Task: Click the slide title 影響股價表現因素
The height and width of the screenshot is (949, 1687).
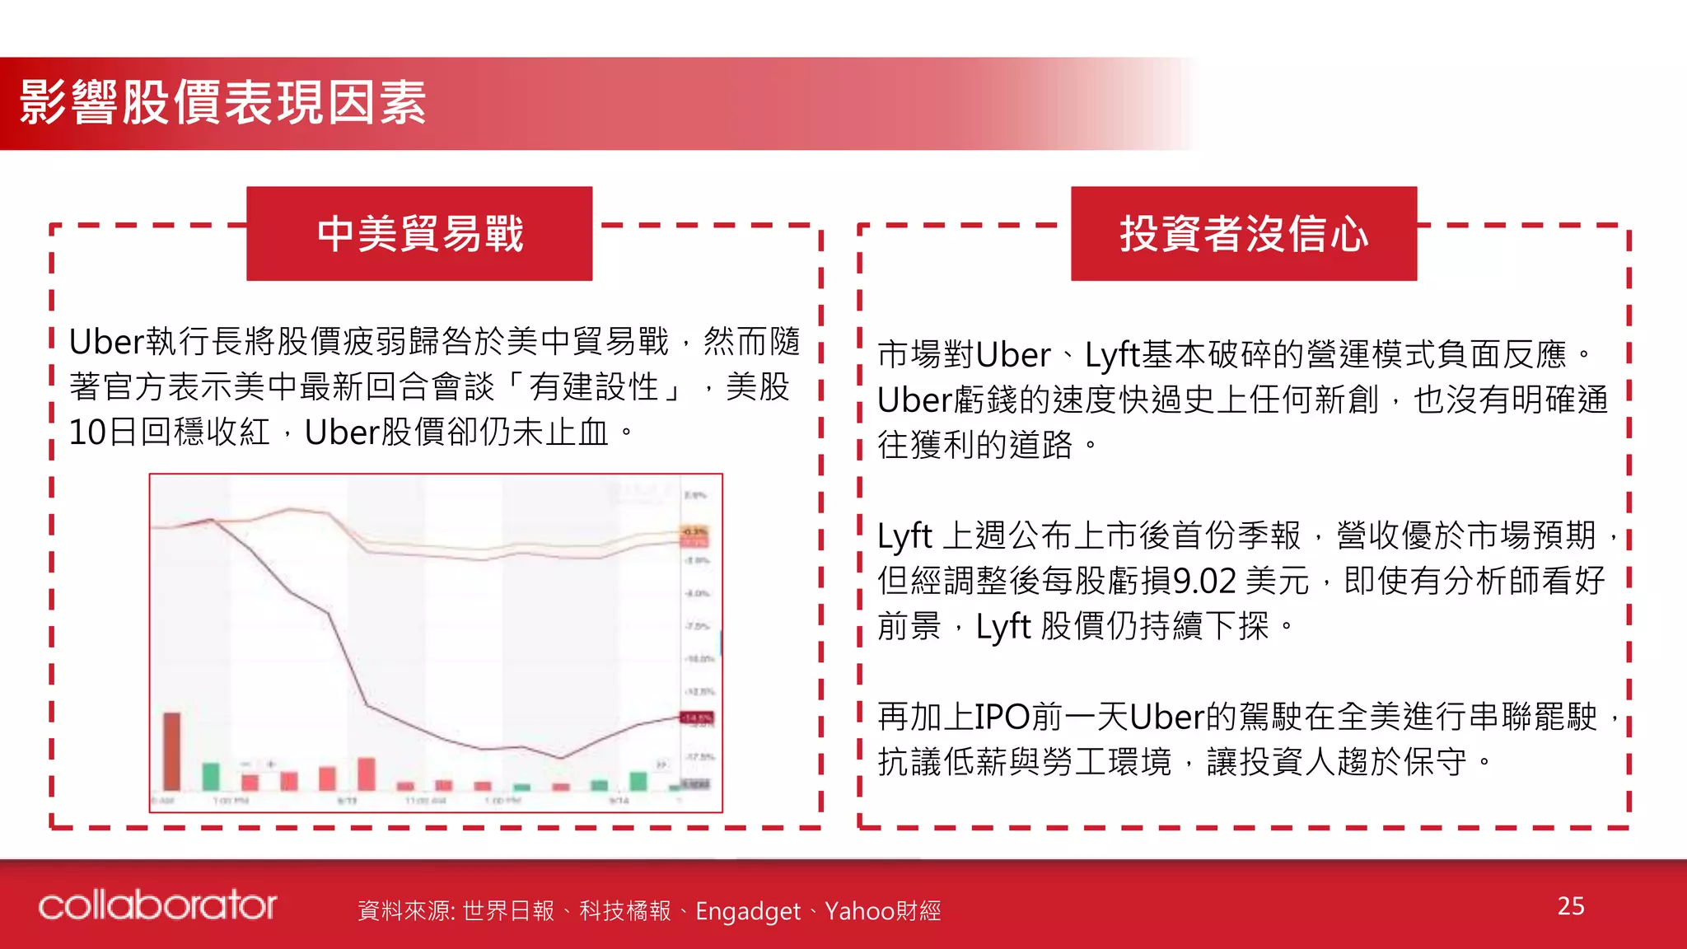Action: pos(222,103)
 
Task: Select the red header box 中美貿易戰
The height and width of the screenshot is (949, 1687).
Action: pos(419,234)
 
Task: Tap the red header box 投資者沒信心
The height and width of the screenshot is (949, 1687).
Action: pos(1244,234)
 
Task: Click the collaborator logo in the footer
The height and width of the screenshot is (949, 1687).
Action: pos(157,905)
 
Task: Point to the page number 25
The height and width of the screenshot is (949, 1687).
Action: pos(1571,906)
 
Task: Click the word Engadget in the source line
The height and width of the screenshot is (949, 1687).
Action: pos(747,911)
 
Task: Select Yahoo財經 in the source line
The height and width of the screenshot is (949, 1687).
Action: pos(882,911)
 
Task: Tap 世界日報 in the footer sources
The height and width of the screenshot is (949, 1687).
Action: pos(508,911)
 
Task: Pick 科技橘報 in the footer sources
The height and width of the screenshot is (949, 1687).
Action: pos(625,911)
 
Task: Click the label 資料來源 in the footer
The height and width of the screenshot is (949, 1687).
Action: pos(404,911)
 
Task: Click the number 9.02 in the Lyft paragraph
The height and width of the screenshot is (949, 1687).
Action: pos(1204,582)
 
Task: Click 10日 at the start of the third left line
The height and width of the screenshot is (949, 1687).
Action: pos(102,432)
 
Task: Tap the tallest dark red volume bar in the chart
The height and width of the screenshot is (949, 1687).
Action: pos(171,751)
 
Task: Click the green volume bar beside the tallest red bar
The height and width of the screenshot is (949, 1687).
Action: pos(211,777)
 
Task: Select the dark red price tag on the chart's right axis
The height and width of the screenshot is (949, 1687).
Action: pos(697,718)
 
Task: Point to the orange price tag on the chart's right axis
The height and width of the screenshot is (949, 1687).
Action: pos(694,532)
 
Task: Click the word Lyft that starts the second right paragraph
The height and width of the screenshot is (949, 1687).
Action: pos(904,536)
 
